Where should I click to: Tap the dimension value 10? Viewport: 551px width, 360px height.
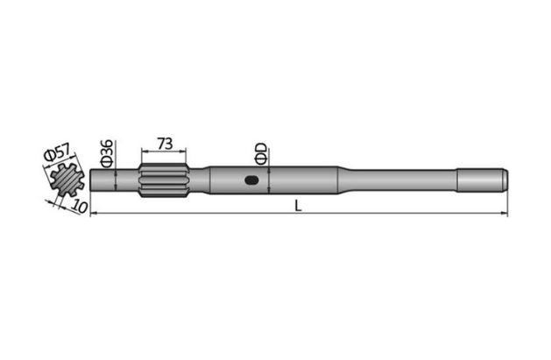coord(80,208)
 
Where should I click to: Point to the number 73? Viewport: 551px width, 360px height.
coord(164,142)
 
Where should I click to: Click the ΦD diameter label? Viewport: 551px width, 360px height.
coord(260,154)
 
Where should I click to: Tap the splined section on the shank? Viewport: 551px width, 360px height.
coord(164,181)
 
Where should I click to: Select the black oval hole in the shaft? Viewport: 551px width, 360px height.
coord(251,182)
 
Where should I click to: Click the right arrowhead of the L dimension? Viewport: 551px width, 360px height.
coord(505,213)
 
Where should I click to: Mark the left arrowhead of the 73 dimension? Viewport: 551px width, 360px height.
coord(142,153)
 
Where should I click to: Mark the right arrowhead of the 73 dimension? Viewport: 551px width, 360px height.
coord(186,153)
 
